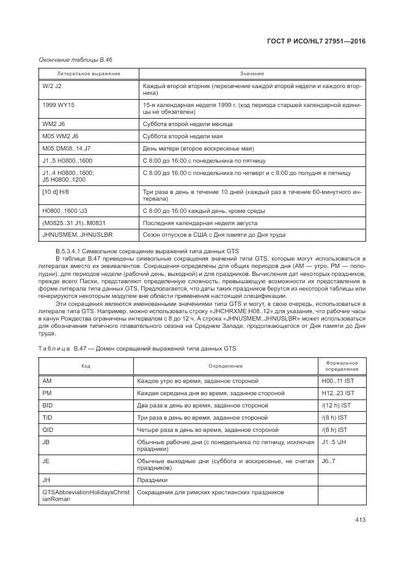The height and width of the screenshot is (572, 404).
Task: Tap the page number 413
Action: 359,521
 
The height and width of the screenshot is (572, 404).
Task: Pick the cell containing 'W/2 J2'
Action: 52,86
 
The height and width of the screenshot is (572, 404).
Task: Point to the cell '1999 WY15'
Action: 59,105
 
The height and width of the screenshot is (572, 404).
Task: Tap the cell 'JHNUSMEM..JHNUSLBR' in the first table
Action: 77,234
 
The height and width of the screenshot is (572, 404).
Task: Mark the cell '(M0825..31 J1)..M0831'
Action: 75,222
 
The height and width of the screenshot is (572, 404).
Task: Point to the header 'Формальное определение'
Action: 341,366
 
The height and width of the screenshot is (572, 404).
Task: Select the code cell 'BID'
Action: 47,405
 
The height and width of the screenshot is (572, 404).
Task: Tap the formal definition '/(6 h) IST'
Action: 334,429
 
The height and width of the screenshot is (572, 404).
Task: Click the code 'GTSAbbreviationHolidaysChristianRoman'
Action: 86,495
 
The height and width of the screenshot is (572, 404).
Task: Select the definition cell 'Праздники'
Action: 152,480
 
